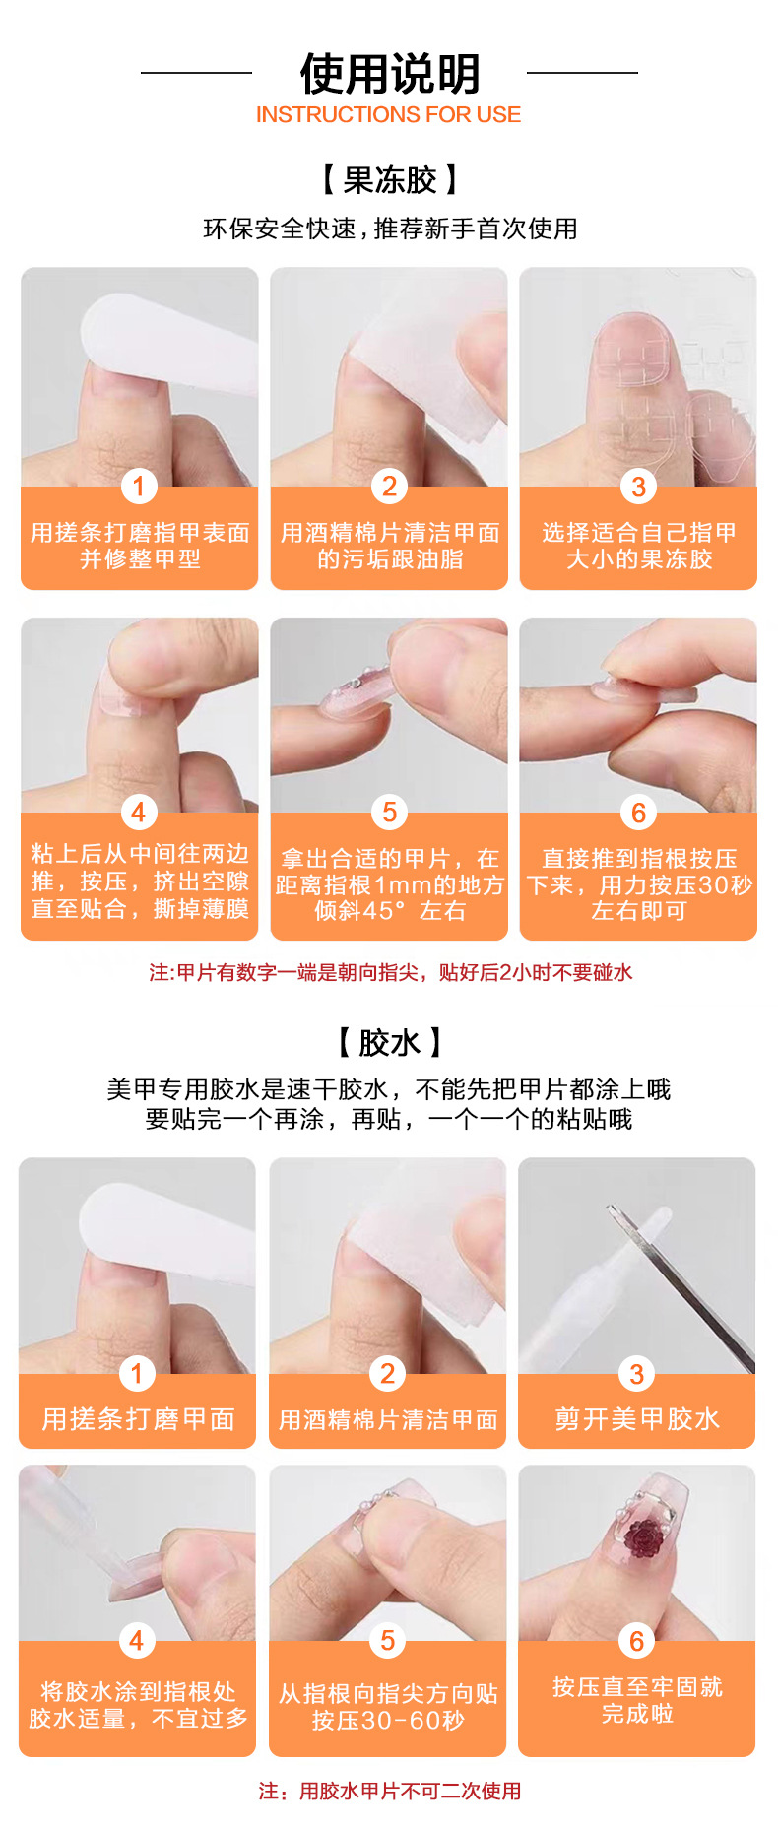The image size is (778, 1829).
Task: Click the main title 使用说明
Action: coord(389,73)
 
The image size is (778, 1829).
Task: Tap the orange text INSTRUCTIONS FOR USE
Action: coord(388,114)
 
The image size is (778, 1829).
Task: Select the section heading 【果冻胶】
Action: coord(389,180)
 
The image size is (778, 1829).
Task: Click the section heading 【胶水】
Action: coord(389,1042)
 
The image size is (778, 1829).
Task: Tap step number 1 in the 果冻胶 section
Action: coord(139,486)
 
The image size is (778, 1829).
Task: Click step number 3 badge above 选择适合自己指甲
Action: coord(638,486)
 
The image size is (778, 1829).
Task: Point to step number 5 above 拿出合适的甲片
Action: coord(389,812)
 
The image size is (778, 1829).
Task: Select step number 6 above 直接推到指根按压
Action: coord(638,812)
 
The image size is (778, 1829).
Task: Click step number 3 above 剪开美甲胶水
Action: coord(636,1373)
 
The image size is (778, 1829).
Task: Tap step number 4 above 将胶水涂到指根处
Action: coord(137,1640)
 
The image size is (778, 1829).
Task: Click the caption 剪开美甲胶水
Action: coord(637,1418)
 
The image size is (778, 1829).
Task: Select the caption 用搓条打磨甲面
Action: coord(138,1418)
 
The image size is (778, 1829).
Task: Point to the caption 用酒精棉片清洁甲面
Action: coord(388,1419)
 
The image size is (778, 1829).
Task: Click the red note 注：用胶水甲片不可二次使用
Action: coord(390,1790)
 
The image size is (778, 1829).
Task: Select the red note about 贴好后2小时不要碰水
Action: coord(390,972)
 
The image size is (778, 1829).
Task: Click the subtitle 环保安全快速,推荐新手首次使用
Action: coord(390,229)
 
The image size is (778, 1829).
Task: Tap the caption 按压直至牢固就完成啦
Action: coord(637,1700)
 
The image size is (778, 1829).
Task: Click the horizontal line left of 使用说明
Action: coord(196,72)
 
